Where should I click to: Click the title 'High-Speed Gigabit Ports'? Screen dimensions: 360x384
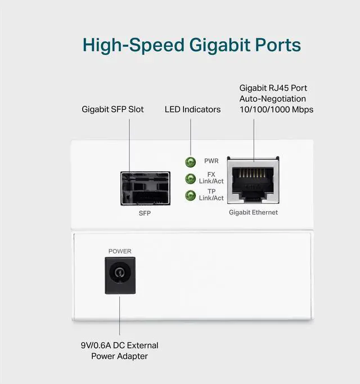[x=191, y=45]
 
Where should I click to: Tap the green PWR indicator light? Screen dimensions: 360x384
[x=190, y=162]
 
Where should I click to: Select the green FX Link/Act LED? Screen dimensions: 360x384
[x=190, y=179]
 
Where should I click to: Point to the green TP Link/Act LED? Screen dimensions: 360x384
[x=190, y=195]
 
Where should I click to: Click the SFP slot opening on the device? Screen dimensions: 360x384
[x=145, y=188]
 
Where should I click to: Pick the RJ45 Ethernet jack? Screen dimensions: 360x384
[x=253, y=181]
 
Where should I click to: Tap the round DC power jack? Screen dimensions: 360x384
[x=120, y=275]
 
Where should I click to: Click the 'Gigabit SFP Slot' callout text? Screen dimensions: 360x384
[x=112, y=109]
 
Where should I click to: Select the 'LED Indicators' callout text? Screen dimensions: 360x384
[x=192, y=109]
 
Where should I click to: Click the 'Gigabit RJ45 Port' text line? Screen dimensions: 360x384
[x=273, y=88]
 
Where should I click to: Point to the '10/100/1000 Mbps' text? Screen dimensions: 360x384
[x=276, y=109]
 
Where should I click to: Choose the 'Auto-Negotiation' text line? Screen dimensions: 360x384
[x=272, y=99]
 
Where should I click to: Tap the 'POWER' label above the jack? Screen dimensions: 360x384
[x=120, y=251]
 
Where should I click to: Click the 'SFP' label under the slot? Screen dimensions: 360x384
[x=145, y=214]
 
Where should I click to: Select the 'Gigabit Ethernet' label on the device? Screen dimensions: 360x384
[x=253, y=212]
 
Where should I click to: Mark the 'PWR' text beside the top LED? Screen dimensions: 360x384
[x=211, y=161]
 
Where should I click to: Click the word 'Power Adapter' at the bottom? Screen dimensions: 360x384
[x=119, y=356]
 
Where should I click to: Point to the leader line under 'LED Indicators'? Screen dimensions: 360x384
[x=190, y=135]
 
